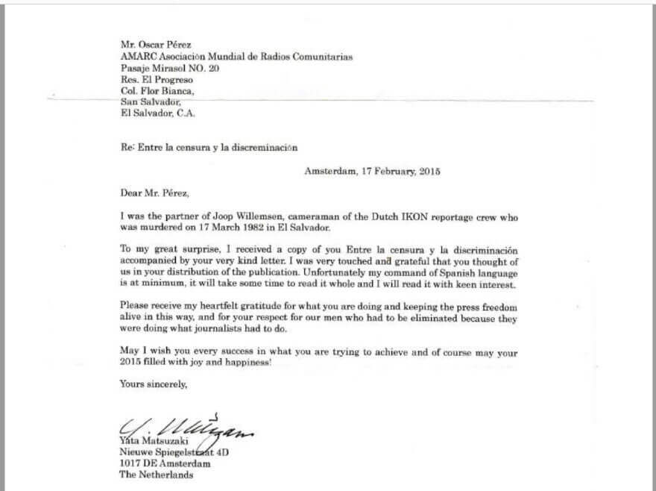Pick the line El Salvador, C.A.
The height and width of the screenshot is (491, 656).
(157, 113)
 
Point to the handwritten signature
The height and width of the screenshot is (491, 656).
(186, 430)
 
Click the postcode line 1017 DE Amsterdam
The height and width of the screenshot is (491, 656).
(164, 463)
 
